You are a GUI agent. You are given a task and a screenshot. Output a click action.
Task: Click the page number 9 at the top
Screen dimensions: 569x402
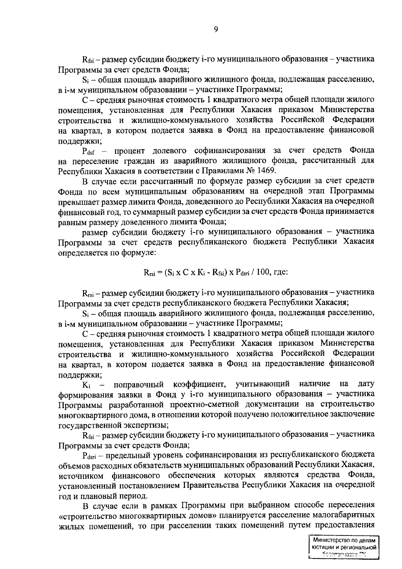click(x=216, y=29)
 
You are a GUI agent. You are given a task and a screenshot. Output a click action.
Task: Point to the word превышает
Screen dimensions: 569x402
click(x=77, y=201)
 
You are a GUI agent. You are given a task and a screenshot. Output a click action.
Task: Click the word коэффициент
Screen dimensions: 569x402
click(x=198, y=384)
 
